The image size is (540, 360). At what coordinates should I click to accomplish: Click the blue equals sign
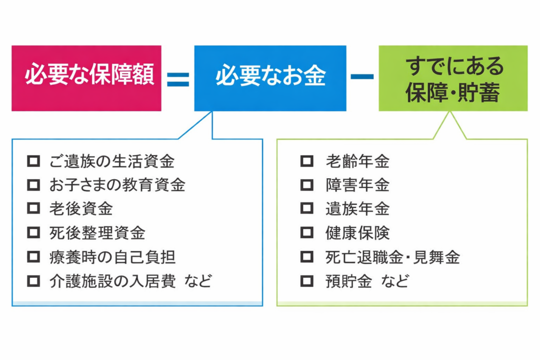178,79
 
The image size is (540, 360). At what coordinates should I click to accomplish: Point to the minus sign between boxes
362,77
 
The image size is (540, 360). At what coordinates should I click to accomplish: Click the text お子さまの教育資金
117,185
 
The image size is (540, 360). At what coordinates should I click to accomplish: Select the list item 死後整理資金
97,232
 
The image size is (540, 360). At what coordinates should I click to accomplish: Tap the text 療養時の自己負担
112,257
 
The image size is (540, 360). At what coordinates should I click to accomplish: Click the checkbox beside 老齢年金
306,161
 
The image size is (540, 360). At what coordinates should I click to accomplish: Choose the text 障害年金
357,185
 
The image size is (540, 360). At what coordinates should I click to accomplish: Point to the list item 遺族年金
357,209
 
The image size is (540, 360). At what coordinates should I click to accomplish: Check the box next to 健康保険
306,232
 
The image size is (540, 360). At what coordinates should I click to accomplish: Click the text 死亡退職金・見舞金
392,257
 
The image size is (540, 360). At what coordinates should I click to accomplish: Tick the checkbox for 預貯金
306,281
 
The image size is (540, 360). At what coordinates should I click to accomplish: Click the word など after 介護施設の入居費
198,281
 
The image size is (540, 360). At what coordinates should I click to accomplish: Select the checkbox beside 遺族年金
306,209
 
